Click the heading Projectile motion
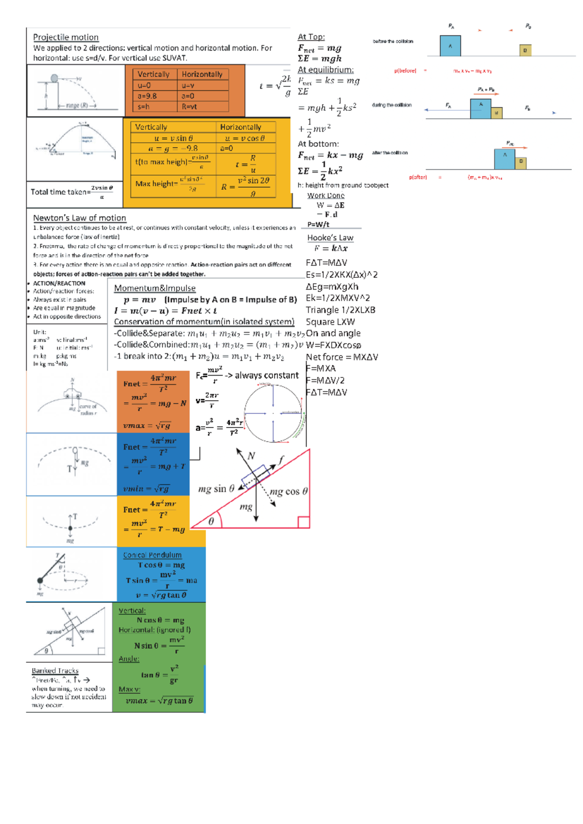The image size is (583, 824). pyautogui.click(x=66, y=37)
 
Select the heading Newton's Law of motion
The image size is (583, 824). pyautogui.click(x=79, y=218)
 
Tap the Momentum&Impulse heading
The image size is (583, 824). pyautogui.click(x=154, y=288)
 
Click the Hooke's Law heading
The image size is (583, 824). pyautogui.click(x=330, y=238)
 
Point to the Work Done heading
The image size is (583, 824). pyautogui.click(x=326, y=195)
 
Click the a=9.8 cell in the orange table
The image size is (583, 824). pyautogui.click(x=147, y=96)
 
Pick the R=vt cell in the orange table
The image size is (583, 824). pyautogui.click(x=189, y=107)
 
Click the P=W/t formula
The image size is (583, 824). pyautogui.click(x=318, y=224)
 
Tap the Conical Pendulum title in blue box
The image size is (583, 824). pyautogui.click(x=152, y=555)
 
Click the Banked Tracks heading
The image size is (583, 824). pyautogui.click(x=55, y=670)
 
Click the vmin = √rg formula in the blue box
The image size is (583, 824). pyautogui.click(x=146, y=489)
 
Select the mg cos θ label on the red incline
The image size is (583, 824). pyautogui.click(x=289, y=491)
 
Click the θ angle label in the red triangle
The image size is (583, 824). pyautogui.click(x=211, y=521)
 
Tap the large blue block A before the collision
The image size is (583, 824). pyautogui.click(x=450, y=46)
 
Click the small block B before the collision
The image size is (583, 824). pyautogui.click(x=525, y=50)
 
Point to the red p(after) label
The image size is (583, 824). pyautogui.click(x=417, y=177)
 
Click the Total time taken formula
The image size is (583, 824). pyautogui.click(x=72, y=191)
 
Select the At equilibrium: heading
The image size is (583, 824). pyautogui.click(x=325, y=70)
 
